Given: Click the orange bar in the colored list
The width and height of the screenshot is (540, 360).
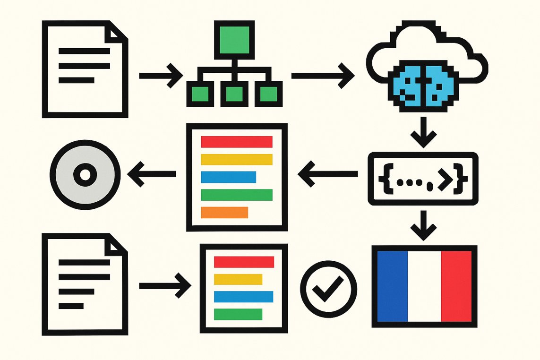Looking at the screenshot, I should pos(224,213).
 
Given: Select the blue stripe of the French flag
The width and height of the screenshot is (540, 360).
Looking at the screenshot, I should pos(392,286).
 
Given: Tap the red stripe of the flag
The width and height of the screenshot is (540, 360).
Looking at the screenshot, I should pos(456,286).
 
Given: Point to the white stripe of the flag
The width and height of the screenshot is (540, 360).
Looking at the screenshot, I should pos(424,286).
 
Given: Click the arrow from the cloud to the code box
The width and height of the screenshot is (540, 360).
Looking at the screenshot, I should pos(423,133).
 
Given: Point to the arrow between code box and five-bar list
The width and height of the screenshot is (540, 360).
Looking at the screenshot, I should pos(327,174).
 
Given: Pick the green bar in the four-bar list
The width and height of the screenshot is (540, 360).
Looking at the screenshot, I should pos(238,314).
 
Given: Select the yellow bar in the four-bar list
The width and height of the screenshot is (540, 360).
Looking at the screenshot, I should pos(238,279).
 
